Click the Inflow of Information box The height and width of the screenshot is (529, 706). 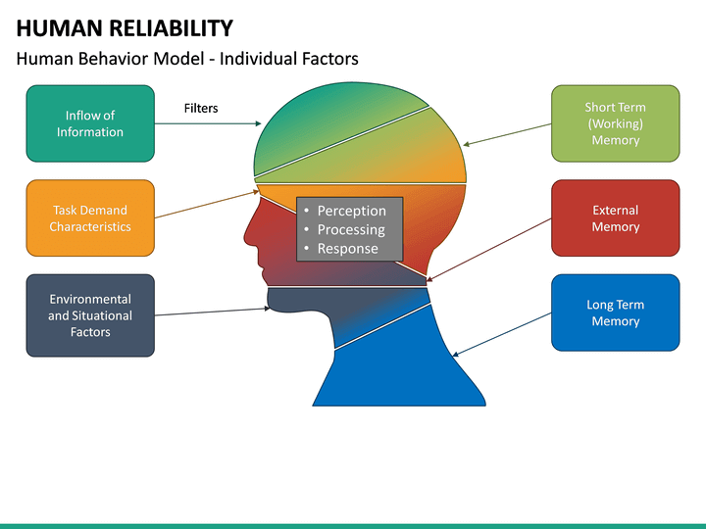pos(90,123)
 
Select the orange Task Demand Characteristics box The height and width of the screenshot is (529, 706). pos(90,217)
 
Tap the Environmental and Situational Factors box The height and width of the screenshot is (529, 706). pos(90,315)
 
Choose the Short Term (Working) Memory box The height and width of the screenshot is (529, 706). pos(615,123)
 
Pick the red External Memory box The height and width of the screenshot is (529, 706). pos(615,217)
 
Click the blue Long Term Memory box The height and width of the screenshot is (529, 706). pos(615,313)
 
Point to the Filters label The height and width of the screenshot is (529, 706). pos(201,108)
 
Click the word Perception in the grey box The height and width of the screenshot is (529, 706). pos(351,211)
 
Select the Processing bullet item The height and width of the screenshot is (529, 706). pos(350,229)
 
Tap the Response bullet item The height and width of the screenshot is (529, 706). pos(347,248)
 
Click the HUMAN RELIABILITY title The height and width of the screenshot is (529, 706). pos(125,28)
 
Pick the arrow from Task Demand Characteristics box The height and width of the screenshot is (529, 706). pos(206,204)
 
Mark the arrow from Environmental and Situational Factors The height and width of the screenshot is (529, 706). pos(211,312)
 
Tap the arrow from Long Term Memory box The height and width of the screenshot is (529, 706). pos(501,333)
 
